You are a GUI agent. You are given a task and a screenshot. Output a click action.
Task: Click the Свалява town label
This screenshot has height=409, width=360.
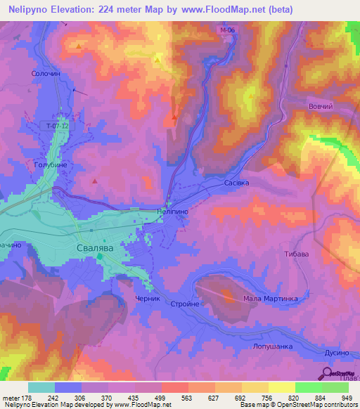[x=99, y=249]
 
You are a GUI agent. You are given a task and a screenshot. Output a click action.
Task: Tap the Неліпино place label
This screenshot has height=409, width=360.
[x=172, y=211]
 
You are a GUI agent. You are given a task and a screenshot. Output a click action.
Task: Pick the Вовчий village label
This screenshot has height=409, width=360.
[x=320, y=105]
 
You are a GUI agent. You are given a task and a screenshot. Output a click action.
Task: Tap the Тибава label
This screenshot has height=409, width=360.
[x=296, y=254]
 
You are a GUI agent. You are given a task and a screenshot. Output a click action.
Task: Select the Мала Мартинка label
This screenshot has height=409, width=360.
[x=270, y=299]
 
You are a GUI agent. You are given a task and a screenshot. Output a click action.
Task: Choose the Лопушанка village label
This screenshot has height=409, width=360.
[x=266, y=346]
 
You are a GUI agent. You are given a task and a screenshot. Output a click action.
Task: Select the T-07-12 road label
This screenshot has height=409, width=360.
[x=57, y=126]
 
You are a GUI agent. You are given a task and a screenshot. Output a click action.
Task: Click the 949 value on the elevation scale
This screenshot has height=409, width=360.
[x=347, y=397]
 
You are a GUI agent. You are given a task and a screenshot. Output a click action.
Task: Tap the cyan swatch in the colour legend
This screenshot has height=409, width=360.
[x=41, y=387]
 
